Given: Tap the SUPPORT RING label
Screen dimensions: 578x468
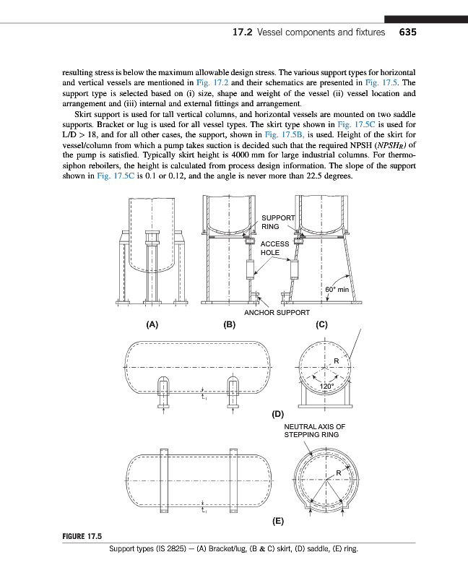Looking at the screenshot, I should coord(277,222).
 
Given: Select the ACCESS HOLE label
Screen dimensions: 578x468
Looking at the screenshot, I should coord(274,249).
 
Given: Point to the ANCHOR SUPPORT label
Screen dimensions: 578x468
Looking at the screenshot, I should coord(277,313).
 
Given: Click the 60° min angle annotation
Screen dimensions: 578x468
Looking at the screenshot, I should coord(337,289).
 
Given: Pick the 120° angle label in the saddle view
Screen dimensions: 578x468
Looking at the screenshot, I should coord(327,387).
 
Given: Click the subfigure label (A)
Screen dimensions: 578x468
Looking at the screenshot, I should coord(152,325).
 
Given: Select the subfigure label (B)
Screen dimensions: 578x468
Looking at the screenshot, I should coord(230,325).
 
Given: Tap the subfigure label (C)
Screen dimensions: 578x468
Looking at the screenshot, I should coord(323,325).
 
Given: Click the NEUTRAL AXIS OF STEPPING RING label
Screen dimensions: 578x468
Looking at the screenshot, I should coord(314,431).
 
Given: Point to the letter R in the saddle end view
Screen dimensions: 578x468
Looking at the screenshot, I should coord(336,361).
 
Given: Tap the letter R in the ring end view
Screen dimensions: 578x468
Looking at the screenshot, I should coord(337,473).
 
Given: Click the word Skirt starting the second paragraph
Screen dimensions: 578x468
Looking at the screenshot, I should coord(87,114).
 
